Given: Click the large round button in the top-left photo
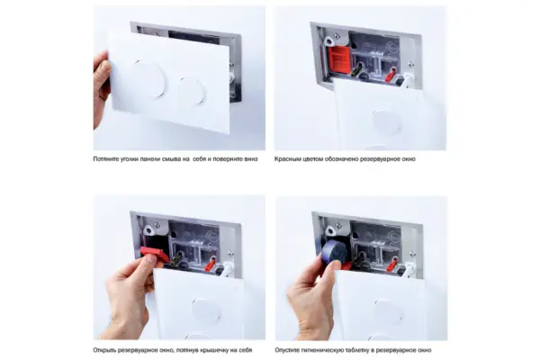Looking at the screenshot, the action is pyautogui.click(x=149, y=79).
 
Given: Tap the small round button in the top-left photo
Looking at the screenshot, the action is pyautogui.click(x=193, y=91).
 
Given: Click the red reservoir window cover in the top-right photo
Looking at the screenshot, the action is pyautogui.click(x=339, y=60).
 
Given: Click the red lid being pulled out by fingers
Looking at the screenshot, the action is pyautogui.click(x=154, y=254).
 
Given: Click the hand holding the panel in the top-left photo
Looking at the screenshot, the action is pyautogui.click(x=102, y=88).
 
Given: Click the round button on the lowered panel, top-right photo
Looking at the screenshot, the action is pyautogui.click(x=387, y=122).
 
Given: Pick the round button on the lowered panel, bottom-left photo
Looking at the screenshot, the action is pyautogui.click(x=207, y=311).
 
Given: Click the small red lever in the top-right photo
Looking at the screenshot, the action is pyautogui.click(x=391, y=75).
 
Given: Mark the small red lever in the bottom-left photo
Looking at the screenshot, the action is pyautogui.click(x=210, y=265).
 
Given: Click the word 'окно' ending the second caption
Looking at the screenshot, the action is pyautogui.click(x=409, y=159).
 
